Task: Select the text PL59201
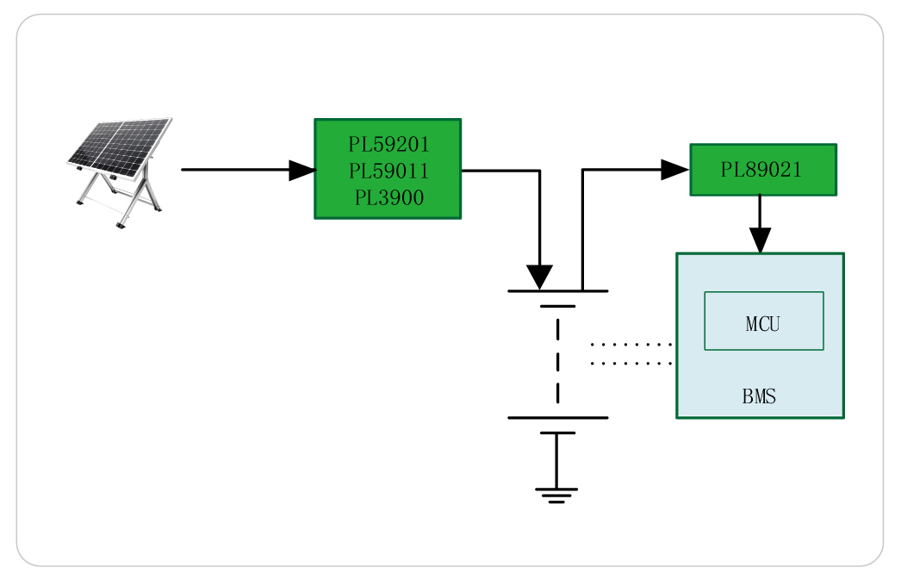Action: coord(388,144)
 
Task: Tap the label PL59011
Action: coord(388,171)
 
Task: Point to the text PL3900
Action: coord(388,197)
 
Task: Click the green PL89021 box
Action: coord(762,170)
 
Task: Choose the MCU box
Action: coord(763,321)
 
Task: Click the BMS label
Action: coord(759,397)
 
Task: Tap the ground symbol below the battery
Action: coord(556,494)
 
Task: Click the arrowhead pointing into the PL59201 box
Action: coord(301,170)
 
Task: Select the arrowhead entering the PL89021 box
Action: coord(674,170)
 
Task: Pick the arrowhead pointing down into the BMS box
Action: coord(759,240)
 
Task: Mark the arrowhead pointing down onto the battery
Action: coord(539,278)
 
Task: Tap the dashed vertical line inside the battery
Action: coord(557,362)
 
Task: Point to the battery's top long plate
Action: coord(557,291)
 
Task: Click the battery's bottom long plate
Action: coord(557,418)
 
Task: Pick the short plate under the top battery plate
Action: coord(557,306)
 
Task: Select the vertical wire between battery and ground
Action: coord(556,460)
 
